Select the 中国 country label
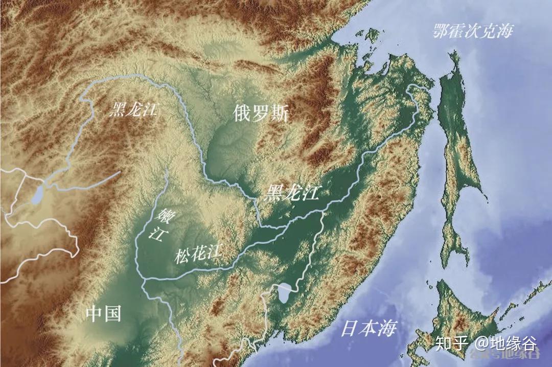click(x=103, y=313)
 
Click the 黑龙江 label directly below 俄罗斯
click(x=292, y=193)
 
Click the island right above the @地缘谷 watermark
click(x=460, y=312)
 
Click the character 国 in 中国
click(x=112, y=313)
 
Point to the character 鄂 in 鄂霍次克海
click(x=441, y=31)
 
